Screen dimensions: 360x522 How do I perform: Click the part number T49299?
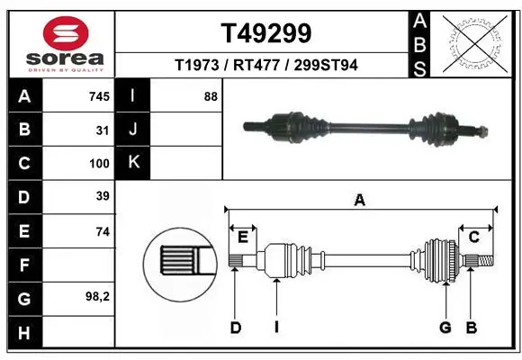tap(266, 33)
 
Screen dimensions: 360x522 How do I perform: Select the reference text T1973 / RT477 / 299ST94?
tap(266, 65)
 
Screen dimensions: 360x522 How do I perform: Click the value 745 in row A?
tap(99, 96)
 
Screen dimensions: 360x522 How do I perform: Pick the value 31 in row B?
tap(103, 130)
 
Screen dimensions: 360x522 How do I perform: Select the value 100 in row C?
tap(99, 164)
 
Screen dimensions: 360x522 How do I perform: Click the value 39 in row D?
tap(103, 197)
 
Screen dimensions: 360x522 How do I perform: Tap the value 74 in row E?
tap(103, 231)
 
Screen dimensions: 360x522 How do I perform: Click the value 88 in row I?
tap(211, 96)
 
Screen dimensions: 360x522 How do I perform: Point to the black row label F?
tap(23, 265)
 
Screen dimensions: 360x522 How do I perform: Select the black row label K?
tap(134, 163)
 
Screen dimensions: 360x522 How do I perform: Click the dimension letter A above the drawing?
tap(360, 201)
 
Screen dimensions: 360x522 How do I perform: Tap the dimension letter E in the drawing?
tap(242, 237)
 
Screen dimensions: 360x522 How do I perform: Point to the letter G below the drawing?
tap(445, 327)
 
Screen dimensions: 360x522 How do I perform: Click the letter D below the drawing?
tap(236, 327)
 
